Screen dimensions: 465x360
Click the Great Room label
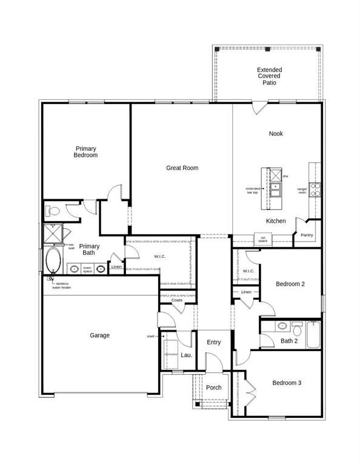(x=182, y=168)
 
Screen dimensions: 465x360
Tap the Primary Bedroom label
(x=86, y=152)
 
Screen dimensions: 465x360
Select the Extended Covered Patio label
(x=269, y=76)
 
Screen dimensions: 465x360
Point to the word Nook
(x=276, y=134)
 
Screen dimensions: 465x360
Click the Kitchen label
(x=276, y=221)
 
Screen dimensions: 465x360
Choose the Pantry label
(x=307, y=234)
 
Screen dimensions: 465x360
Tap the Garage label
(x=100, y=335)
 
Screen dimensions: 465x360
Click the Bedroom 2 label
(x=290, y=284)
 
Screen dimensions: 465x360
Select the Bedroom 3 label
(x=287, y=383)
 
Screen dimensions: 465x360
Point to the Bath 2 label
(x=289, y=341)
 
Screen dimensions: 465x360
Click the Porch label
(x=213, y=387)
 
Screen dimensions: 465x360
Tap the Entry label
(x=213, y=343)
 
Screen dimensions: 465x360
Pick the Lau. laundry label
(x=186, y=355)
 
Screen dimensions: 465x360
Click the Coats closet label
(x=177, y=300)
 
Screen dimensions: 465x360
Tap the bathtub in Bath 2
(x=313, y=335)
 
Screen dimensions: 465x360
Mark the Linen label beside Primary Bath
(x=116, y=267)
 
